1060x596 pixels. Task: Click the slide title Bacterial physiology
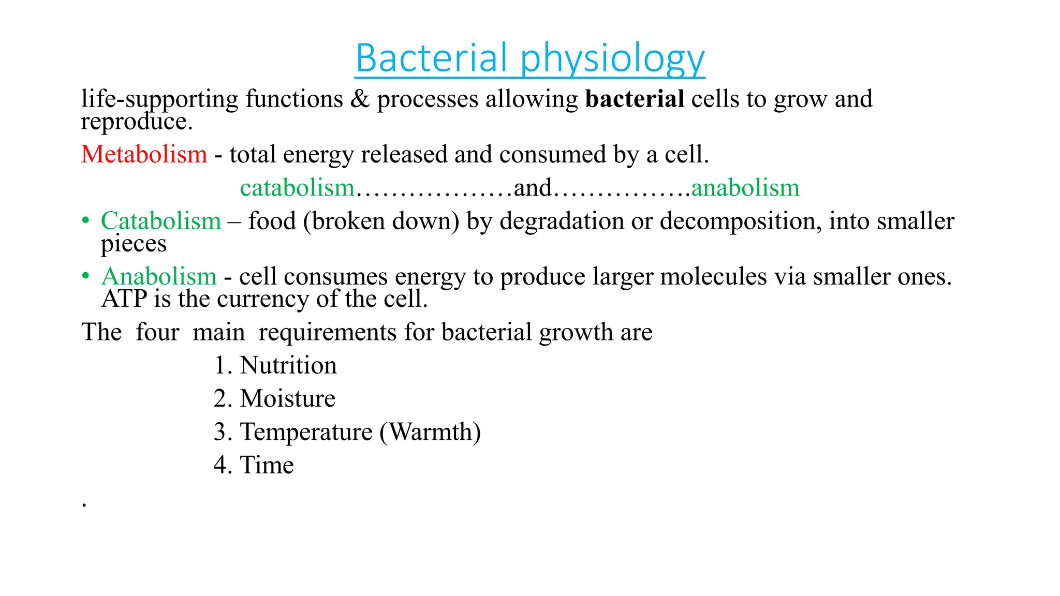pyautogui.click(x=529, y=58)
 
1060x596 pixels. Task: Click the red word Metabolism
pyautogui.click(x=144, y=154)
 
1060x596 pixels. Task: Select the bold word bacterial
pyautogui.click(x=635, y=99)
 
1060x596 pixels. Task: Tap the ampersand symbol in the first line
pyautogui.click(x=360, y=99)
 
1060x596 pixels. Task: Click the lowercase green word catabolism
pyautogui.click(x=297, y=187)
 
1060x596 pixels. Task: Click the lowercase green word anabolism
pyautogui.click(x=745, y=187)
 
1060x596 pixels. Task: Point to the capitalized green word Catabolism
pyautogui.click(x=161, y=221)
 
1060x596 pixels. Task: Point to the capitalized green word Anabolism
pyautogui.click(x=159, y=276)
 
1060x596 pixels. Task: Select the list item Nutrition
pyautogui.click(x=288, y=365)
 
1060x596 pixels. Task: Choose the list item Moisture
pyautogui.click(x=287, y=399)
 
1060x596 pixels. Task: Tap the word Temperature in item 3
pyautogui.click(x=306, y=432)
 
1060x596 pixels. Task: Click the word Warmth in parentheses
pyautogui.click(x=430, y=432)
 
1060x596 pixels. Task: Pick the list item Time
pyautogui.click(x=267, y=465)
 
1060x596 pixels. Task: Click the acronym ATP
pyautogui.click(x=124, y=299)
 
